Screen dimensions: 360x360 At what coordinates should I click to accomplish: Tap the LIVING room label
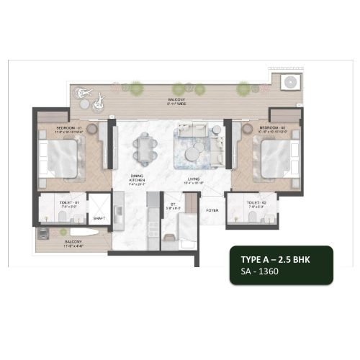click(194, 179)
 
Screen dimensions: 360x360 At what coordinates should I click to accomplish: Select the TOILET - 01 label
click(60, 204)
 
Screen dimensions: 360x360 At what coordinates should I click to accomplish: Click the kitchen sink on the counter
click(119, 214)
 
